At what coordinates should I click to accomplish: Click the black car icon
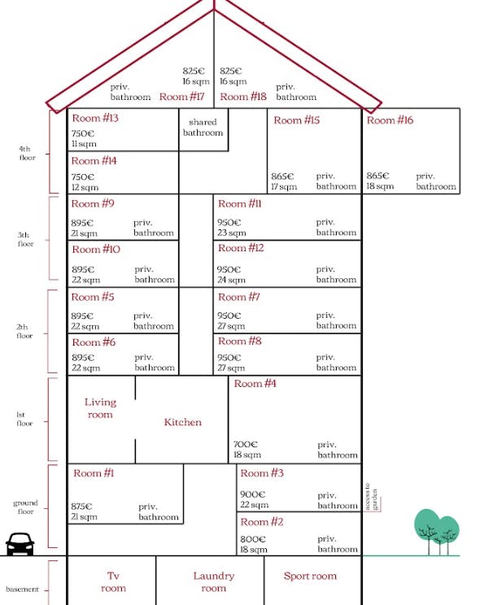click(x=20, y=544)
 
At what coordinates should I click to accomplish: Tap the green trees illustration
click(x=437, y=531)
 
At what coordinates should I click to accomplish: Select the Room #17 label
click(x=181, y=97)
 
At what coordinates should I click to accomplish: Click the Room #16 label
click(x=390, y=120)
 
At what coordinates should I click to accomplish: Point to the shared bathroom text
click(x=203, y=128)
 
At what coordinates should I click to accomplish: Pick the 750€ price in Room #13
click(x=83, y=133)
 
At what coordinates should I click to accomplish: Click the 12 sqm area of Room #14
click(x=85, y=187)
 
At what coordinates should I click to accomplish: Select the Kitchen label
click(x=183, y=422)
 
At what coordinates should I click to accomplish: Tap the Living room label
click(x=100, y=408)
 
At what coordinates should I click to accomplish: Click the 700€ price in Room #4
click(x=245, y=444)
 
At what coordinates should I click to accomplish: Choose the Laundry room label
click(x=213, y=582)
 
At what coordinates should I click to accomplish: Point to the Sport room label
click(x=310, y=576)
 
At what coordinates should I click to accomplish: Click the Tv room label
click(x=113, y=582)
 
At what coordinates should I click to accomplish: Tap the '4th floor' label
click(x=27, y=153)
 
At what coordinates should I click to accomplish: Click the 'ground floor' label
click(x=25, y=507)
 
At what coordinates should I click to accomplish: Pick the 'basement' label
click(x=23, y=590)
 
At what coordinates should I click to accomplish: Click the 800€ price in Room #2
click(x=252, y=539)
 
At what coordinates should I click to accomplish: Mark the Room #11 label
click(x=239, y=204)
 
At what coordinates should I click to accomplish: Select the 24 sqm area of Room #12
click(x=231, y=280)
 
